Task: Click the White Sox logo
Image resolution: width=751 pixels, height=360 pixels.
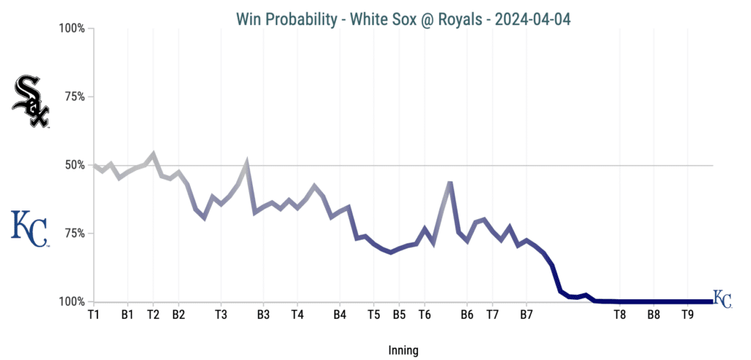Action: point(31,102)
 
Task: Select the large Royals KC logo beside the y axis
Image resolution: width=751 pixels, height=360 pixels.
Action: point(29,228)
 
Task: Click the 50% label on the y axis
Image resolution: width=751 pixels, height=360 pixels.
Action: point(75,165)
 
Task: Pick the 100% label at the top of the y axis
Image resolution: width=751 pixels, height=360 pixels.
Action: point(72,29)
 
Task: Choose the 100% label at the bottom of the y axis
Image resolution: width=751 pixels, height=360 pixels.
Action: point(72,301)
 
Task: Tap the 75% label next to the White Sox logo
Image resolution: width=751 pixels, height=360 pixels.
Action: point(75,97)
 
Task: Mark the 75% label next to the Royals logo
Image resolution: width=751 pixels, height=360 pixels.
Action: point(75,233)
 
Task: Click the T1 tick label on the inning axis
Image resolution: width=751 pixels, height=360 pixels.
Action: point(93,315)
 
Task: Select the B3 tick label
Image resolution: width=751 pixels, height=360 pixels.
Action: point(263,315)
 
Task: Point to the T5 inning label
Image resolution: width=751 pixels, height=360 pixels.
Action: point(373,315)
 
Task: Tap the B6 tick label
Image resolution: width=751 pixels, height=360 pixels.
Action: point(466,315)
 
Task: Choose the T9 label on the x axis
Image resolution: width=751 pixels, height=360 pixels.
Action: point(687,315)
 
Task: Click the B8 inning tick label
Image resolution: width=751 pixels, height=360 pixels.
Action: point(653,315)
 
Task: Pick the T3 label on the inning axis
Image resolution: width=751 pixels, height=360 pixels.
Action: point(221,315)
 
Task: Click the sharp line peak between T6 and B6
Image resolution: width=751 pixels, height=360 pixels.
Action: point(450,183)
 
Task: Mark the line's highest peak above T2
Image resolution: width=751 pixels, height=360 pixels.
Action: point(153,154)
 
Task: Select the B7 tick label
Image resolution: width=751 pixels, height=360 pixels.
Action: point(526,315)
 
